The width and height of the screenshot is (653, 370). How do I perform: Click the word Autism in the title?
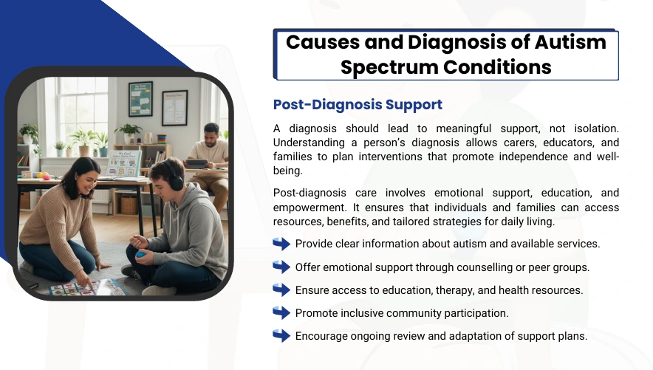[570, 42]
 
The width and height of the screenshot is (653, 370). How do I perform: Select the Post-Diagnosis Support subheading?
[358, 104]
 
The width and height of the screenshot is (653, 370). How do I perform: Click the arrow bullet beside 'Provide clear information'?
[281, 244]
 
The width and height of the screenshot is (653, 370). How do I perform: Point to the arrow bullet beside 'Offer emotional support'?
[281, 267]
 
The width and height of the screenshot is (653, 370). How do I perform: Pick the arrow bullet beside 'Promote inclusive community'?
[281, 312]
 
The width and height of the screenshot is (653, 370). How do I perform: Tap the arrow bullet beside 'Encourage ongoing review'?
[281, 335]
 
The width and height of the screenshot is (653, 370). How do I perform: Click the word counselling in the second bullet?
[485, 267]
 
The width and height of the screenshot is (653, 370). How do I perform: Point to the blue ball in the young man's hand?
[141, 254]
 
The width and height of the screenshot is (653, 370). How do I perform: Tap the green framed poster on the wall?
[140, 99]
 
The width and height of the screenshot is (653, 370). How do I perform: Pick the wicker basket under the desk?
[129, 205]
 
